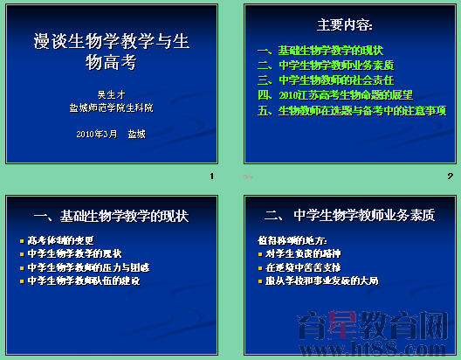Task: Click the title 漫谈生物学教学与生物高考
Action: pyautogui.click(x=109, y=51)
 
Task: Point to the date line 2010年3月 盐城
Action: pyautogui.click(x=110, y=134)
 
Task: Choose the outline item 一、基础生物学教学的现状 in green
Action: pyautogui.click(x=320, y=50)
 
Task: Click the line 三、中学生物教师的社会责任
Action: pyautogui.click(x=326, y=80)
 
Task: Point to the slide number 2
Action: pyautogui.click(x=450, y=177)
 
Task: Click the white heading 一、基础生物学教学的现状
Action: pyautogui.click(x=110, y=215)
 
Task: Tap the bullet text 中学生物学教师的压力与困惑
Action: pyautogui.click(x=82, y=267)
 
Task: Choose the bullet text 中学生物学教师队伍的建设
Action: pyautogui.click(x=82, y=281)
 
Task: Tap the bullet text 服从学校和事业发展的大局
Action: pyautogui.click(x=322, y=281)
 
